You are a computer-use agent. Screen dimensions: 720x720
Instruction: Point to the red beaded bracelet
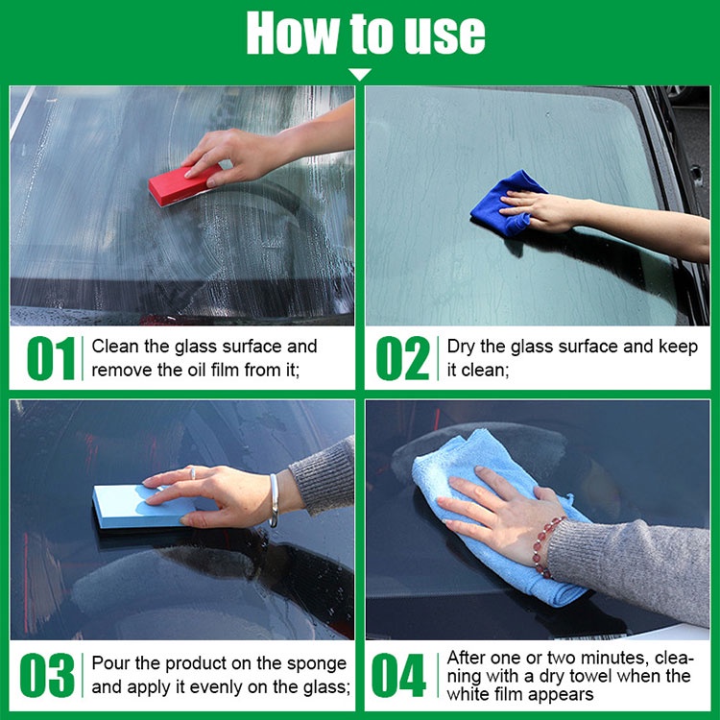click(545, 545)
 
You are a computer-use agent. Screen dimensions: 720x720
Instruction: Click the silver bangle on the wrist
click(274, 500)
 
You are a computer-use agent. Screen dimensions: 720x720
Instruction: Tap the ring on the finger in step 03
click(192, 473)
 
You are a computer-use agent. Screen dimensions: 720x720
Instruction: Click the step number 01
click(51, 358)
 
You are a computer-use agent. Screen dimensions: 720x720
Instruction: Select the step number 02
click(402, 358)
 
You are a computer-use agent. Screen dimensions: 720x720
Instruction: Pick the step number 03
click(47, 675)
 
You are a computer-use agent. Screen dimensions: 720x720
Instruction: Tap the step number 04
click(398, 675)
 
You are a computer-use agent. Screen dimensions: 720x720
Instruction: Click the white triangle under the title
click(360, 74)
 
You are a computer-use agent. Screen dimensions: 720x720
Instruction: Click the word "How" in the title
click(294, 33)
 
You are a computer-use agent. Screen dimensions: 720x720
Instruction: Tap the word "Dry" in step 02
click(461, 348)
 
